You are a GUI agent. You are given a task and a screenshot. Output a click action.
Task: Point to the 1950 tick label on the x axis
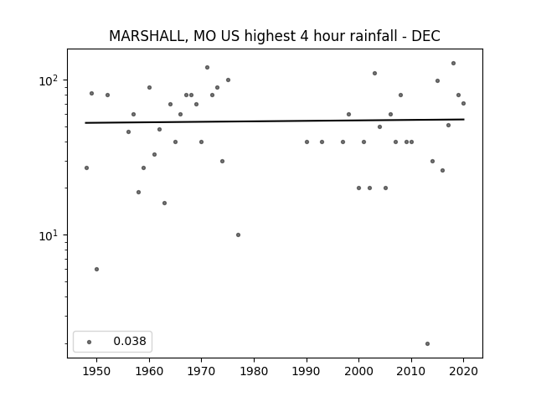tap(97, 371)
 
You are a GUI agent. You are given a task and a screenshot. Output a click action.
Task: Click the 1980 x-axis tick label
tap(254, 371)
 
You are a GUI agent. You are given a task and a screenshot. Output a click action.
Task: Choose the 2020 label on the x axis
tap(463, 371)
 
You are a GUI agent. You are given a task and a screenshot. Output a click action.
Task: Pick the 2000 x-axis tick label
tap(358, 371)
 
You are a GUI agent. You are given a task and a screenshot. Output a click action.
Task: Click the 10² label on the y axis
tap(49, 80)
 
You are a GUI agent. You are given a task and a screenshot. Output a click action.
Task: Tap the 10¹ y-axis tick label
tap(49, 235)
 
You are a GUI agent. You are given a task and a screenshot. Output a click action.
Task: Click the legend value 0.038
tap(130, 341)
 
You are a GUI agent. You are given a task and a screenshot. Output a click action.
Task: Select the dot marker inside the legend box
tap(90, 342)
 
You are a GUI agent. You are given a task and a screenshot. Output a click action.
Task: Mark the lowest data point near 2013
tap(427, 343)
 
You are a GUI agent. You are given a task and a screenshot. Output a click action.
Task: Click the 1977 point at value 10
tap(238, 234)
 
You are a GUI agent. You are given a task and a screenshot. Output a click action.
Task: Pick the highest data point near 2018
tap(454, 64)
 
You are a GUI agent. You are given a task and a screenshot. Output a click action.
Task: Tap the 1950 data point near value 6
tap(97, 270)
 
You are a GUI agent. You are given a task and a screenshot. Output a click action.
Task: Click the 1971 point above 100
tap(207, 67)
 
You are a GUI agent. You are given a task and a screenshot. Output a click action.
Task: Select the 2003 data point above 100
tap(374, 73)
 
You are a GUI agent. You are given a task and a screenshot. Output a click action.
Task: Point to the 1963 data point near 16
tap(164, 203)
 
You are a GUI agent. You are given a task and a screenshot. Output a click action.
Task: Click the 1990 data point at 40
tap(307, 142)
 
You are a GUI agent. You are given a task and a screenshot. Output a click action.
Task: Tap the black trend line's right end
tap(464, 119)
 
